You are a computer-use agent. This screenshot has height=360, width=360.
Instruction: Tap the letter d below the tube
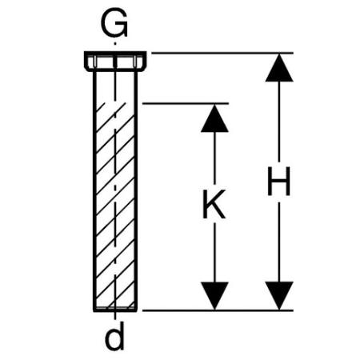[115, 336]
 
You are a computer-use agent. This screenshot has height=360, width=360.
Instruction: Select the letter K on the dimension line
[214, 204]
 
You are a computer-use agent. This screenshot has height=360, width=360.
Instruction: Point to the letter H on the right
[278, 182]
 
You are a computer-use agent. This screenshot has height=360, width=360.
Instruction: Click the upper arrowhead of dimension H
[279, 67]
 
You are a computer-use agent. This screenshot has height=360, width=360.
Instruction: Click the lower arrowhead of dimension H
[279, 296]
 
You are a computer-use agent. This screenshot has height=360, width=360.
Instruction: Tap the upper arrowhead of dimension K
[214, 118]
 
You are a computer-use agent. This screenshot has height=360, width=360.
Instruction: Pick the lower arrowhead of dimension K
[214, 296]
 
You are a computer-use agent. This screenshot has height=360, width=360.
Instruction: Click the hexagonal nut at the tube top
[115, 62]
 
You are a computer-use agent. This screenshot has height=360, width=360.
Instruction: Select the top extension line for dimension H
[222, 53]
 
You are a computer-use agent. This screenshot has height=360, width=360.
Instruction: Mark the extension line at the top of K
[186, 103]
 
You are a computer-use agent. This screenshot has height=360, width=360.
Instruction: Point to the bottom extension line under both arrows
[218, 310]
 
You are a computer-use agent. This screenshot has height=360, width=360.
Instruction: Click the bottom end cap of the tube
[115, 310]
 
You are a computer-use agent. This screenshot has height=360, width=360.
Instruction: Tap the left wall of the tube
[94, 190]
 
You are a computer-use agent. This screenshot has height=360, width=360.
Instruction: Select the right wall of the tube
[136, 190]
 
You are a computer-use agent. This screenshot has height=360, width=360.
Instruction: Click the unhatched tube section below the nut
[115, 86]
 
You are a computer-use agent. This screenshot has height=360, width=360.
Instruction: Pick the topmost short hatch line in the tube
[101, 107]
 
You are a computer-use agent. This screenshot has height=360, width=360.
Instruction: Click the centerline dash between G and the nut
[115, 42]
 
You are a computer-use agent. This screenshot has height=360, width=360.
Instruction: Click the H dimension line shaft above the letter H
[279, 122]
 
